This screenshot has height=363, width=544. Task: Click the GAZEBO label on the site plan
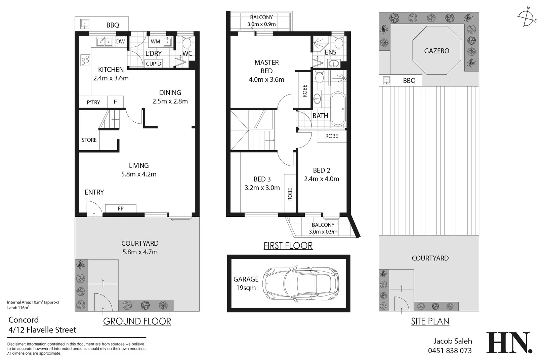(x=436, y=51)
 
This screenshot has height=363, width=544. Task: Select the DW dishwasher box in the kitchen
(x=120, y=42)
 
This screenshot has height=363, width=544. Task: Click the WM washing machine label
(x=155, y=42)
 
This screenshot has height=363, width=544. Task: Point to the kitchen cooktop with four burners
(x=85, y=60)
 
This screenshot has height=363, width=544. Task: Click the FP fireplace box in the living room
(x=121, y=208)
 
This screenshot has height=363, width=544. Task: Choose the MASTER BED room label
(x=266, y=67)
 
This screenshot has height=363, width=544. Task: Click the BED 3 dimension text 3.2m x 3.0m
(x=262, y=188)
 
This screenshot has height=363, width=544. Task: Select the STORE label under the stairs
(x=89, y=140)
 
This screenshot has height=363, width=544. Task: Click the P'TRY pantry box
(x=93, y=102)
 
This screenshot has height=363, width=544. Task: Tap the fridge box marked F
(x=115, y=102)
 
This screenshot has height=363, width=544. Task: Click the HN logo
(x=509, y=343)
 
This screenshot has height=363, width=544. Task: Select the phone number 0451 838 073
(x=450, y=351)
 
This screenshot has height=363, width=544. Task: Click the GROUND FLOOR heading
(x=137, y=321)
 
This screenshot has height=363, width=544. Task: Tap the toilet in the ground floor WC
(x=186, y=42)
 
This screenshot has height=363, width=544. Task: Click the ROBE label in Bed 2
(x=332, y=136)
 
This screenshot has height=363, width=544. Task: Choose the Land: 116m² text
(x=18, y=308)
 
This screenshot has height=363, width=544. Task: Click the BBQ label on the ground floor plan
(x=113, y=25)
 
